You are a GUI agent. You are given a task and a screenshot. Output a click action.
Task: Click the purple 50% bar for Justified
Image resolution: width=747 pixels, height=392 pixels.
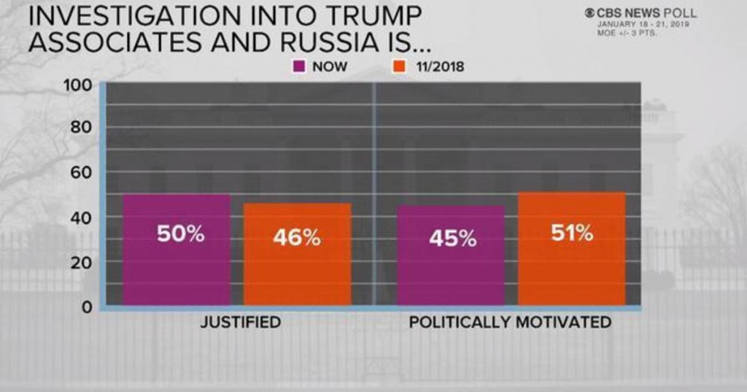click(x=177, y=250)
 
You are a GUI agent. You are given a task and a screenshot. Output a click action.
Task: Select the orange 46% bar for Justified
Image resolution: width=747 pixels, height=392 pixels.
click(x=297, y=254)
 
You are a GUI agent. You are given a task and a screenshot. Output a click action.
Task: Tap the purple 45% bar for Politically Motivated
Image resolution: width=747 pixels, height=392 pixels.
click(x=451, y=255)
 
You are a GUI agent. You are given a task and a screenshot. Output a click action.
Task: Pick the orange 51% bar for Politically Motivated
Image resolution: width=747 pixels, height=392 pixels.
click(x=571, y=248)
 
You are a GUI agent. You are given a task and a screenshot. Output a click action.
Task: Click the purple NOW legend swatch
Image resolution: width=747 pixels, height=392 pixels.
click(x=298, y=67)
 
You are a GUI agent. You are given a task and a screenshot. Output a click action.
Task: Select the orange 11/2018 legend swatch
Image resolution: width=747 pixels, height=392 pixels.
click(x=399, y=67)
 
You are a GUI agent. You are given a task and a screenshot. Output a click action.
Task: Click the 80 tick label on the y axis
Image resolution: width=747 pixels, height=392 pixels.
click(x=82, y=127)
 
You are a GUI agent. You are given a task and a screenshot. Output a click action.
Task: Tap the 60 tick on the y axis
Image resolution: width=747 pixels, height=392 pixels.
click(x=82, y=172)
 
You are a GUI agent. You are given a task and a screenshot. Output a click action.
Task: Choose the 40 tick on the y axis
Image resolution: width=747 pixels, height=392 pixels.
click(x=82, y=217)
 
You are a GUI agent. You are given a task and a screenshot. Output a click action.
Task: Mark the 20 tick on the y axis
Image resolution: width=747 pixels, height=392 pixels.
click(x=82, y=261)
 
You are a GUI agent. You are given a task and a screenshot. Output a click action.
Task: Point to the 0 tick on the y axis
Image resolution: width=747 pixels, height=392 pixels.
click(x=87, y=307)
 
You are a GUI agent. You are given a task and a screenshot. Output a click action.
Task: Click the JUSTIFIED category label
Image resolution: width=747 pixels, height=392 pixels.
click(x=241, y=322)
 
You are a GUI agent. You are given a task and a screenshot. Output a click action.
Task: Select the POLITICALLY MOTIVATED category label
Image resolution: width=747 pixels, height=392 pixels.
click(x=510, y=322)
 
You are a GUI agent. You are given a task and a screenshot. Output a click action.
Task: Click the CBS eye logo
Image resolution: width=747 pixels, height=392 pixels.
click(x=589, y=13)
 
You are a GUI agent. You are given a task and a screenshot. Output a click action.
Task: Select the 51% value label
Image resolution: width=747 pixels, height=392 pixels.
click(x=571, y=234)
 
